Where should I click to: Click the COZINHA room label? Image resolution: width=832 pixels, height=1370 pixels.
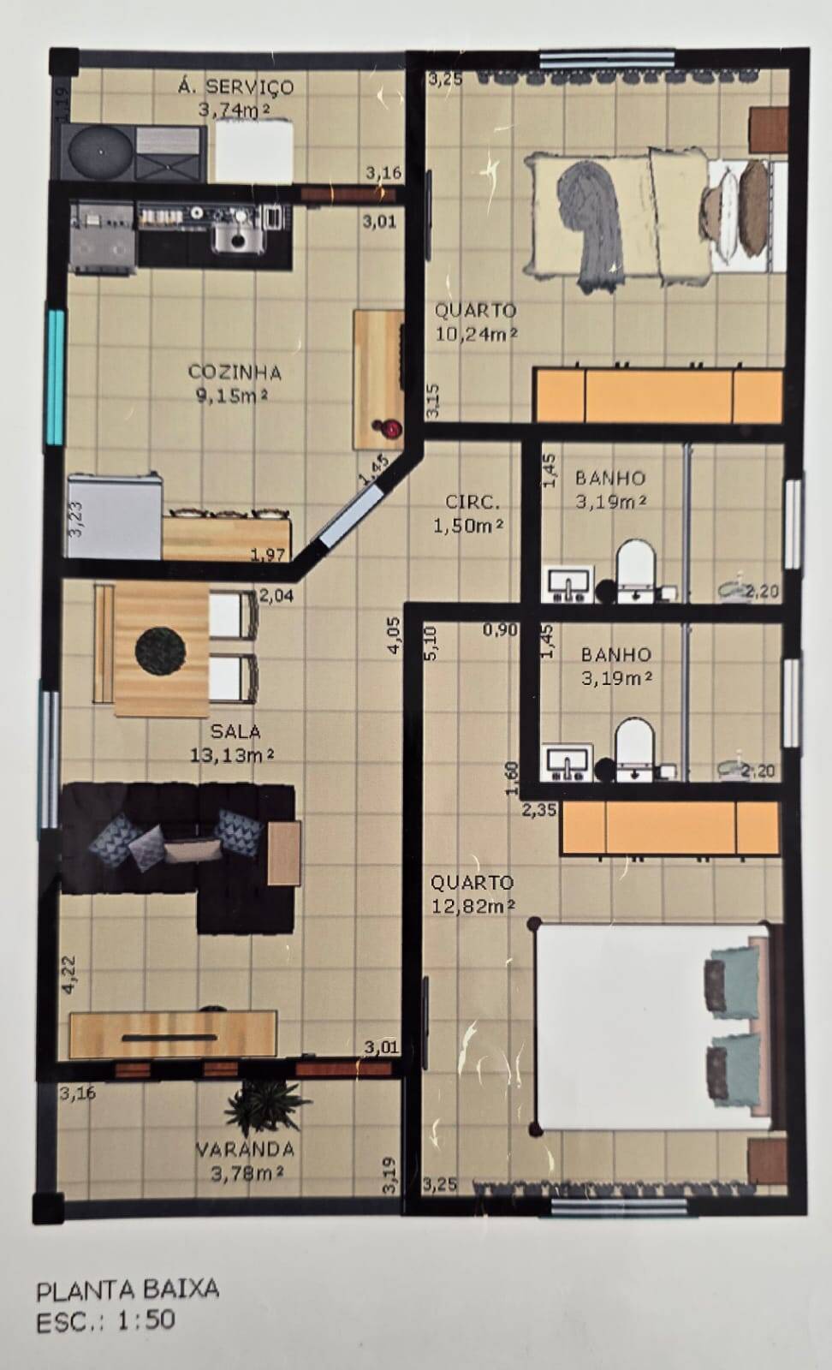234,372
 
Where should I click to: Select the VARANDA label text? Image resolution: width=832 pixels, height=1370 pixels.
245,1149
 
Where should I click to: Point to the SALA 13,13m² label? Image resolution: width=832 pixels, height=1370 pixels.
235,743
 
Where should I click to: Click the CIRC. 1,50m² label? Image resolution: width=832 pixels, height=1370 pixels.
467,514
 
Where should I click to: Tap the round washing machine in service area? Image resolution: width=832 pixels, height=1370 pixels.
100,152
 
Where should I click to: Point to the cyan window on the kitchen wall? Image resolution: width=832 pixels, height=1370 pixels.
56,377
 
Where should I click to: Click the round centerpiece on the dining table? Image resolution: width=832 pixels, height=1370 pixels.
161,650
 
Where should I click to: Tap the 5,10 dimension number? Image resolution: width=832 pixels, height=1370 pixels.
431,643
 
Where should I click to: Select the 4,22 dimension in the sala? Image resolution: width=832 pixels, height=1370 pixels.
70,974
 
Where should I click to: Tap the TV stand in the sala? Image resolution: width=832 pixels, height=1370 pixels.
173,1035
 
